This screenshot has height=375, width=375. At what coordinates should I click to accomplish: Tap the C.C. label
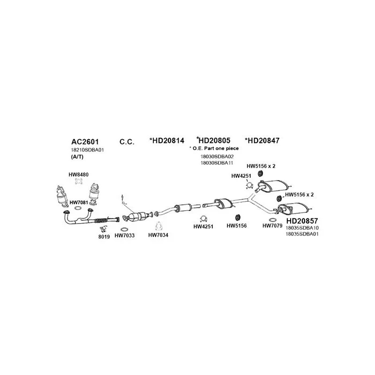pos(127,141)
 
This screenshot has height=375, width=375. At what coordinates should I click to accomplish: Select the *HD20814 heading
pos(167,140)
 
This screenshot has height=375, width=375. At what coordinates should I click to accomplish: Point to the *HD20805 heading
pos(214,140)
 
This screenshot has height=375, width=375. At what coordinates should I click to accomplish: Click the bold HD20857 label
pos(302,220)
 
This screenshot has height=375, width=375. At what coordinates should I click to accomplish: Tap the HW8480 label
pos(78,175)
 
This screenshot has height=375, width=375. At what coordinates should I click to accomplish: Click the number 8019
pos(104,237)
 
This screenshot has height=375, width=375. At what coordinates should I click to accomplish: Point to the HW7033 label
pos(124,235)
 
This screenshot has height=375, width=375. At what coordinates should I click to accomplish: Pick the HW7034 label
pos(158,235)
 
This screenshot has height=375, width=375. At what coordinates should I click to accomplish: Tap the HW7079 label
pos(272,225)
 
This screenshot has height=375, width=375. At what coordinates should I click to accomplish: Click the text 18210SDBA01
pos(87,150)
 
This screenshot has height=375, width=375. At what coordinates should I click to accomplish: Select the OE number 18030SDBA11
pos(217,162)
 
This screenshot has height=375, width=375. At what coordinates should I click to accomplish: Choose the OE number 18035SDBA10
pos(301,228)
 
